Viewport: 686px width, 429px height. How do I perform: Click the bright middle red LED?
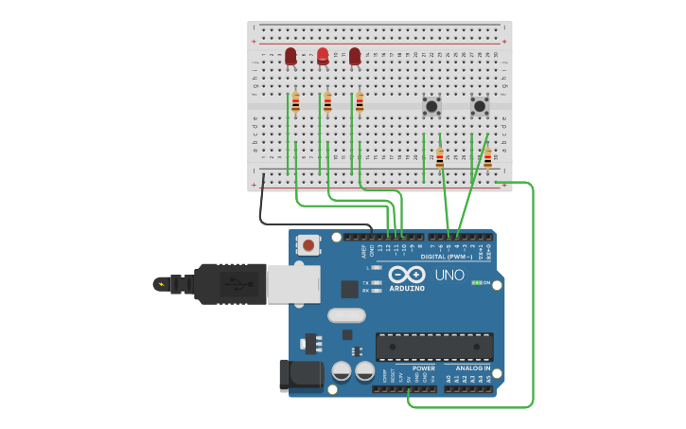tap(323, 56)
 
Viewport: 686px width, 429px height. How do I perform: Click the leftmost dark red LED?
tap(290, 57)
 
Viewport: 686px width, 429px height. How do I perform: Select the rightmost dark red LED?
tap(355, 57)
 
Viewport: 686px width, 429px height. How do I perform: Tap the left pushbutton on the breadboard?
tap(431, 106)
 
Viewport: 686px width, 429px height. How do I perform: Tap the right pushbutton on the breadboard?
tap(479, 106)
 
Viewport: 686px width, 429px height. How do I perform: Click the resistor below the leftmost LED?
tap(295, 102)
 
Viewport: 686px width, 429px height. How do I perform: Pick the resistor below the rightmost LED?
tap(360, 102)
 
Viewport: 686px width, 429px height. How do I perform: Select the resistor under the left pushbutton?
tap(439, 158)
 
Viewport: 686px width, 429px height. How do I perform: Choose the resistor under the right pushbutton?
tap(487, 158)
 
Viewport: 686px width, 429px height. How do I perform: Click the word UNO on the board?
tap(449, 276)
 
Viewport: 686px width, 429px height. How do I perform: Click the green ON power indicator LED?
tap(476, 282)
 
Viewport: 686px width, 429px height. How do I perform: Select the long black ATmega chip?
tap(434, 347)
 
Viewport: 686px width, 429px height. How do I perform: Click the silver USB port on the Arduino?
tap(292, 283)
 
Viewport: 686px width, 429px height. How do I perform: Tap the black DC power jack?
tap(300, 375)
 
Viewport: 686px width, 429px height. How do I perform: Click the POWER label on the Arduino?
tap(423, 368)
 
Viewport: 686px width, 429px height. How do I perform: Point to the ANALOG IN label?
tap(473, 368)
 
